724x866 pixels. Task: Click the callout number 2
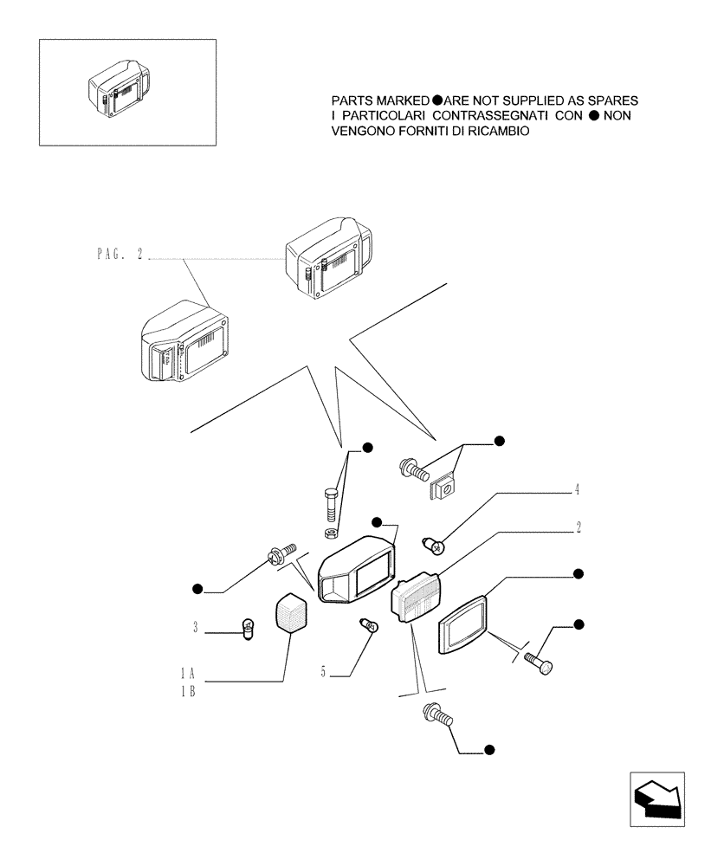tap(578, 527)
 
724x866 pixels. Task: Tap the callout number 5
tap(323, 670)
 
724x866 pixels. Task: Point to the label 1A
tap(186, 672)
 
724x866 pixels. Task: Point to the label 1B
tap(186, 691)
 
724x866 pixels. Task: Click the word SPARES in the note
tap(609, 100)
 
